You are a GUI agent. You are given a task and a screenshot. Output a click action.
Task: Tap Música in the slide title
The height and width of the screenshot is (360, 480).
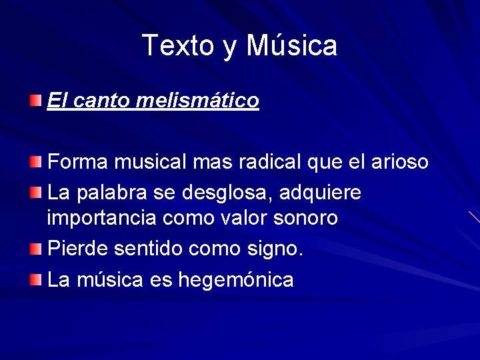click(x=292, y=45)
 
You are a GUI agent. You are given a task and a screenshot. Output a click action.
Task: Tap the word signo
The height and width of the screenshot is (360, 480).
click(x=277, y=249)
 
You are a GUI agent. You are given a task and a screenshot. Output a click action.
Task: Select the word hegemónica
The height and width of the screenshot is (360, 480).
click(x=236, y=280)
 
